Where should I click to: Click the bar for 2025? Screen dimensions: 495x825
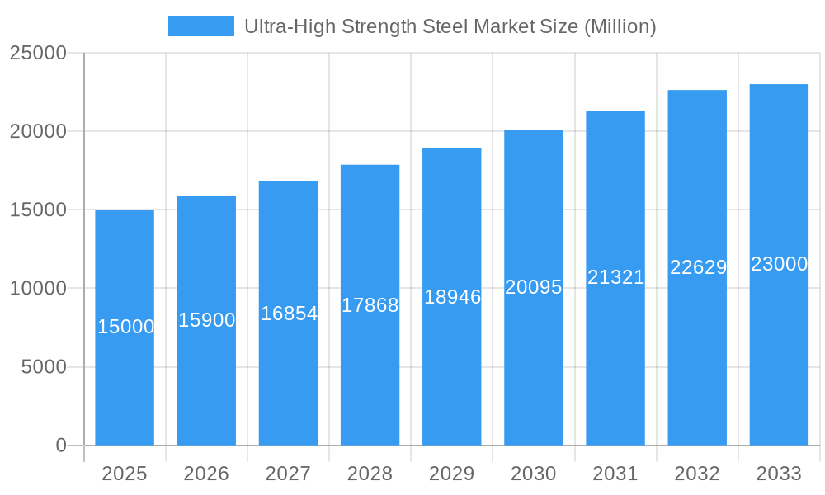tap(125, 379)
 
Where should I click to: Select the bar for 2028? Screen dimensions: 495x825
tap(370, 371)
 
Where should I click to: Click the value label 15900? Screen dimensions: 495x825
tap(207, 320)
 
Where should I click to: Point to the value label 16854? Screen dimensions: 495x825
tap(289, 313)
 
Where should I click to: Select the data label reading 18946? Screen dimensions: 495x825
tap(452, 297)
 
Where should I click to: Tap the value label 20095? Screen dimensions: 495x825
tap(534, 287)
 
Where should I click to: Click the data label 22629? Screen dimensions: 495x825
tap(698, 267)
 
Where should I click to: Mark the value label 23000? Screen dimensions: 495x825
tap(779, 264)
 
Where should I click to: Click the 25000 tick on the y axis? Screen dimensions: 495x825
tap(37, 53)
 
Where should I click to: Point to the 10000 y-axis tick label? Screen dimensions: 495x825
tap(37, 289)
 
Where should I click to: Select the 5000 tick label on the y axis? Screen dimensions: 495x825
tap(43, 367)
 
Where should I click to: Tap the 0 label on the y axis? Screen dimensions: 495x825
tap(61, 445)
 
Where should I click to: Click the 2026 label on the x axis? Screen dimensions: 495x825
tap(206, 474)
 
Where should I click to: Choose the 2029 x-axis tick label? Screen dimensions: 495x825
tap(452, 474)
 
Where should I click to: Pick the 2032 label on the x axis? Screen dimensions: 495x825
tap(697, 474)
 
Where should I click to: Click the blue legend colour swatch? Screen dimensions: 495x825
tap(201, 26)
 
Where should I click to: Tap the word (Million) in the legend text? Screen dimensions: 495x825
tap(620, 26)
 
